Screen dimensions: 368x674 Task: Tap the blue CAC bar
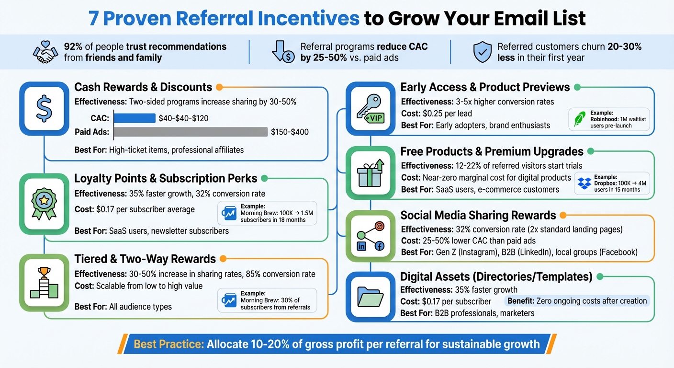(135, 118)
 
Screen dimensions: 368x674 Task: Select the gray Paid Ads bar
(190, 132)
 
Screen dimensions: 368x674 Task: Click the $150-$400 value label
(290, 132)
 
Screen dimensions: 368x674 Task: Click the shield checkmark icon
(482, 52)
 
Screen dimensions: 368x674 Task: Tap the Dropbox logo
(584, 183)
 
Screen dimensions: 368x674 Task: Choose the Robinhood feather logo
(580, 119)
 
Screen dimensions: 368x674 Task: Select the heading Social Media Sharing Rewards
(478, 215)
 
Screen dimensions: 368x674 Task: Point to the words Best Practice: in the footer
(168, 344)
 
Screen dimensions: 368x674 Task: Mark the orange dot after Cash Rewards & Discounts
(219, 87)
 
